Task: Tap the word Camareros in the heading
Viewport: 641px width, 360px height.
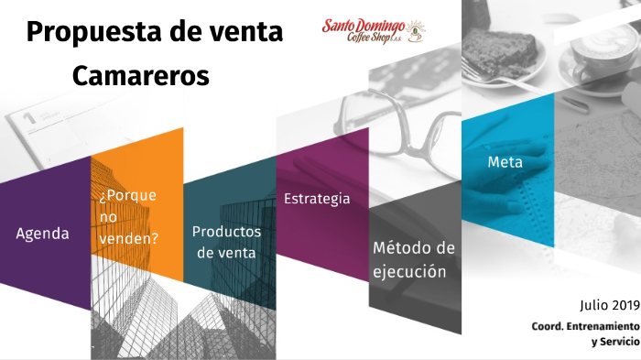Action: (x=141, y=76)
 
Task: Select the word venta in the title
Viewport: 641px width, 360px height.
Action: (x=239, y=33)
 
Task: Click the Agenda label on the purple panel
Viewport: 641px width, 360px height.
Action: (x=42, y=234)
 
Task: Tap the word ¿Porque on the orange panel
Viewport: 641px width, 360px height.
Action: (x=127, y=195)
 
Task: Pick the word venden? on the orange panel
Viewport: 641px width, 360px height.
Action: (x=128, y=237)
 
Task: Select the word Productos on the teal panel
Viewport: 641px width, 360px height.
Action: (x=226, y=232)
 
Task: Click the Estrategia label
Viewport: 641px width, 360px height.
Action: (x=317, y=199)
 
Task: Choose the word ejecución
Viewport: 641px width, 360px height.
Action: (x=409, y=272)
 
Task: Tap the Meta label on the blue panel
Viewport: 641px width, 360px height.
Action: (x=505, y=162)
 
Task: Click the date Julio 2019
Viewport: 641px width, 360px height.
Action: (x=609, y=305)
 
